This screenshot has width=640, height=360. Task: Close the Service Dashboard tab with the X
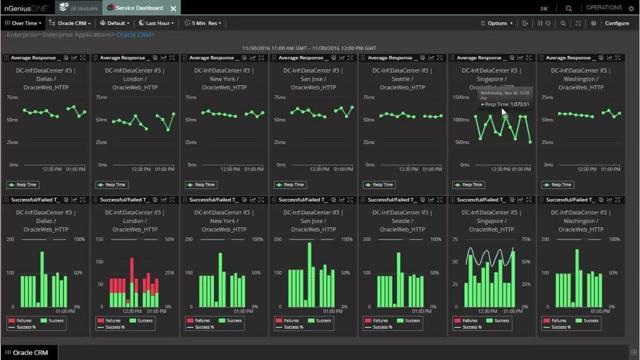tap(173, 9)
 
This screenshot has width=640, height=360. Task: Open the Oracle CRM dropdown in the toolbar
tap(73, 23)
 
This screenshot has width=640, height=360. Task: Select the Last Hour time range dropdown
tap(157, 23)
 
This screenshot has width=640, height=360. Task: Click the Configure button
tap(617, 23)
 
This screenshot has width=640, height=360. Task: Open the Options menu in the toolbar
tap(497, 23)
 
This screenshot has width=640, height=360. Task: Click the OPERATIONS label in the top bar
tap(604, 8)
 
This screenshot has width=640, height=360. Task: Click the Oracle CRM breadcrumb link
tap(134, 35)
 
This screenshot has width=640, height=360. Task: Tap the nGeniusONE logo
tap(26, 9)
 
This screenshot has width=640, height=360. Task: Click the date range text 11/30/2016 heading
tap(309, 48)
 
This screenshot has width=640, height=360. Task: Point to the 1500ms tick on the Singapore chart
tap(461, 98)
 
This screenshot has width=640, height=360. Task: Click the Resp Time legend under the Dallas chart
tap(22, 185)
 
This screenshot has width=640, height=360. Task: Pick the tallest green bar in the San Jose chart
tap(309, 275)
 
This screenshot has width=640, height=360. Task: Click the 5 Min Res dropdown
tap(203, 23)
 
